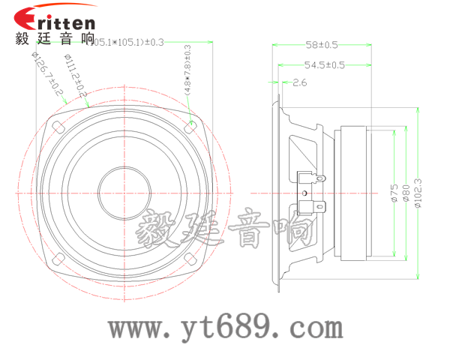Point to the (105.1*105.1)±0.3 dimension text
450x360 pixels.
[x=127, y=42]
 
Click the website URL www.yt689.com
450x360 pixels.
[x=225, y=328]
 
